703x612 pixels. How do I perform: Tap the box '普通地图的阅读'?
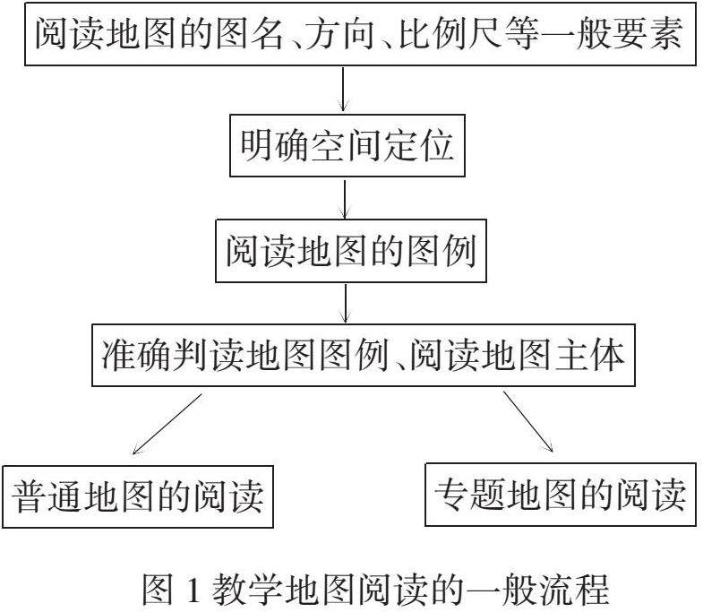coord(140,496)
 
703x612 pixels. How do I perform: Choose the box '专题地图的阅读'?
coord(560,492)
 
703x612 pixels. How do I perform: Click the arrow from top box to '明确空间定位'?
coord(343,91)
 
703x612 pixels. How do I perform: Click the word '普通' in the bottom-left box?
coord(47,496)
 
